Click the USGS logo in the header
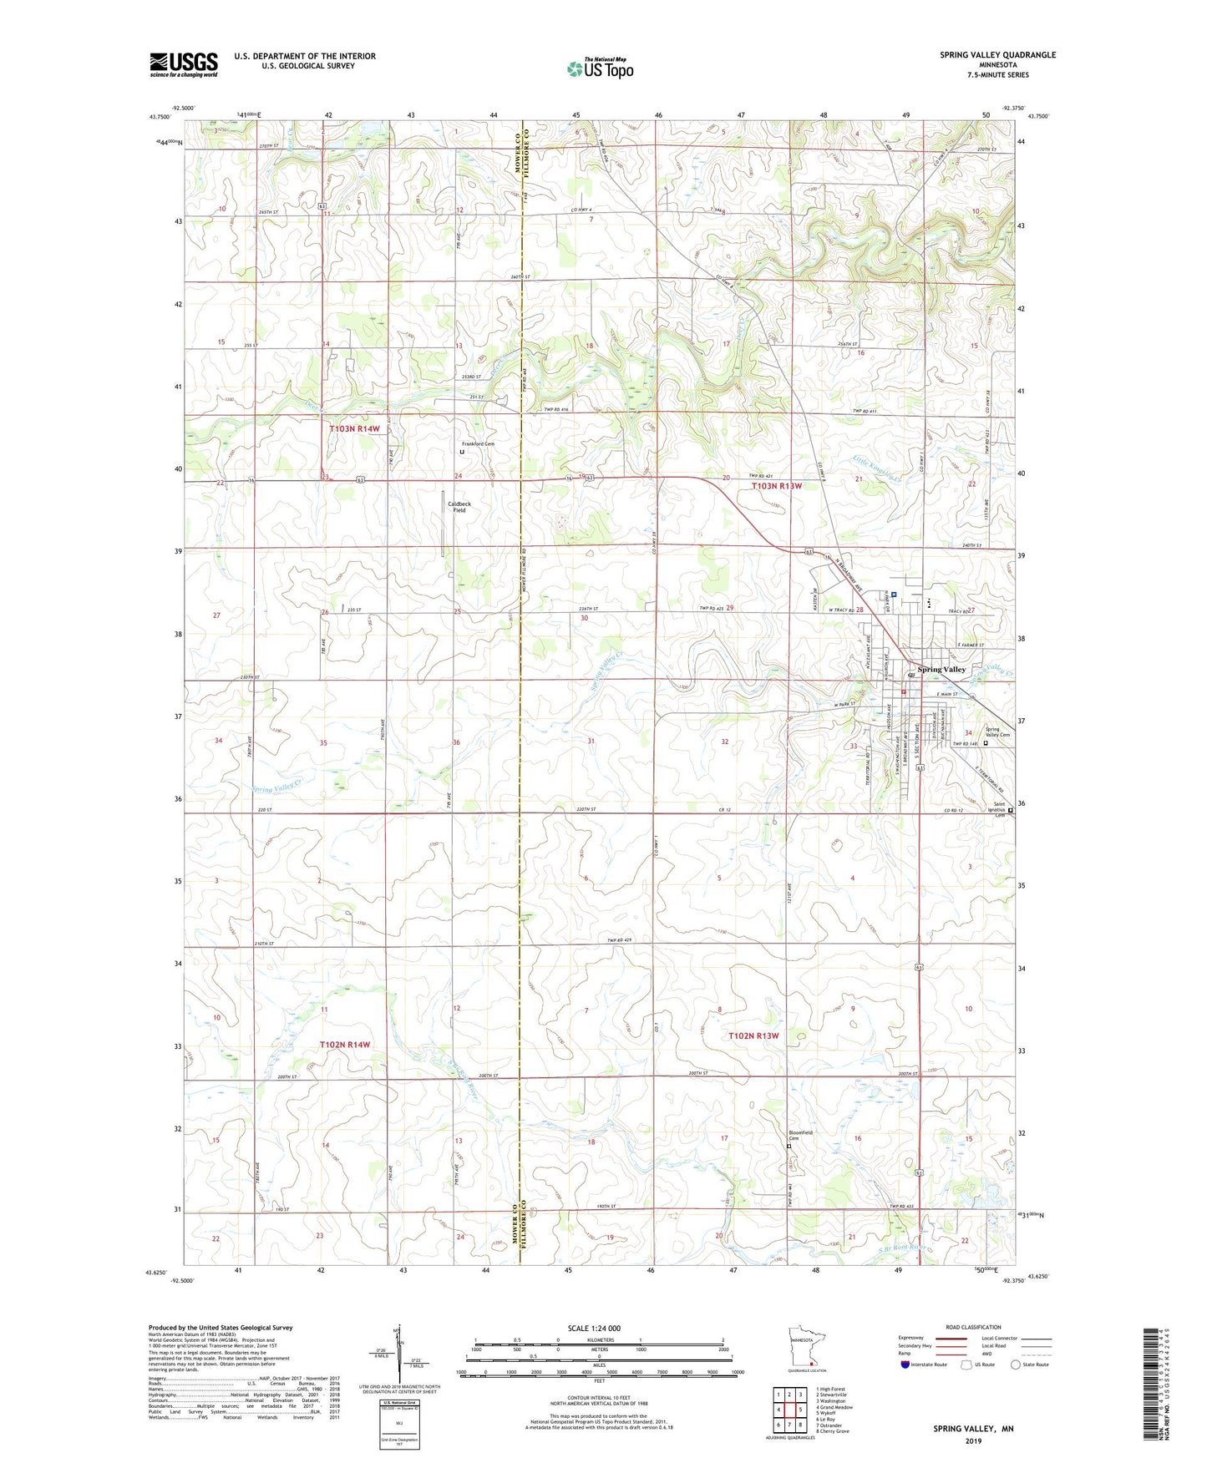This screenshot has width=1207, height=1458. click(184, 64)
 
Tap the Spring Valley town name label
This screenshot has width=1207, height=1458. click(941, 669)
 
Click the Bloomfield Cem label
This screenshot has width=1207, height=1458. click(800, 1136)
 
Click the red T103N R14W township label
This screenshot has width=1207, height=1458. click(354, 428)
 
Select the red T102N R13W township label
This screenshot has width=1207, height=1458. click(753, 1035)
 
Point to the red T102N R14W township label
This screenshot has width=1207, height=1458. click(345, 1044)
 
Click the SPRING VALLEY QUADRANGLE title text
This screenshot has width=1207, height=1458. click(997, 55)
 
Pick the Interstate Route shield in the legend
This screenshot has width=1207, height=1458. click(907, 1364)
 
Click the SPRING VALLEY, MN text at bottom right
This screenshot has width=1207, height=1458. click(973, 1429)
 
